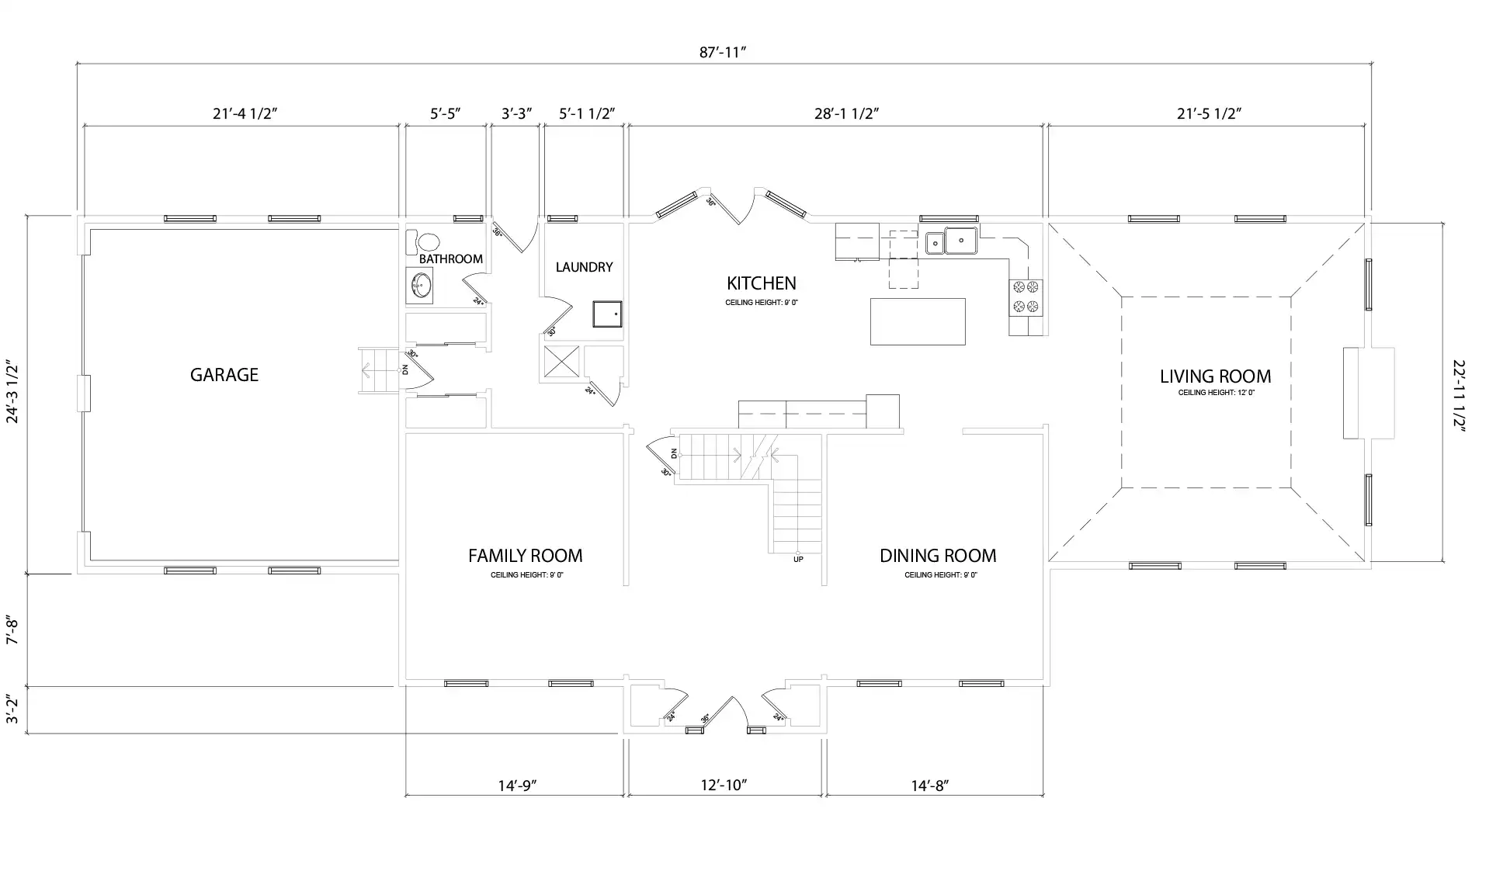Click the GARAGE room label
[x=224, y=375]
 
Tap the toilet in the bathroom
[x=425, y=242]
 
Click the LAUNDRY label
[x=584, y=267]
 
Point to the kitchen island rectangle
[x=917, y=321]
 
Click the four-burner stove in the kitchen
[x=1026, y=297]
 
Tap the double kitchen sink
[x=951, y=241]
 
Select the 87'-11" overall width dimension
[x=722, y=52]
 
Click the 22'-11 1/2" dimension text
[x=1459, y=394]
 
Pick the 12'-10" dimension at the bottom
[x=724, y=785]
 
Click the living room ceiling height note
[x=1216, y=393]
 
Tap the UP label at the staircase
[x=798, y=559]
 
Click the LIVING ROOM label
[x=1215, y=376]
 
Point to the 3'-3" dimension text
[x=516, y=113]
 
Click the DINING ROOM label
[x=937, y=556]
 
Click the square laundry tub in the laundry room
[x=607, y=314]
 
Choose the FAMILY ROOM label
[x=525, y=556]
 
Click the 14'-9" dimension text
[x=517, y=785]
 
